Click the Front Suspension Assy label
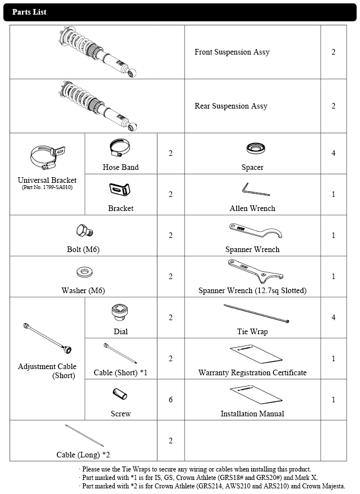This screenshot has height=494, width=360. [232, 52]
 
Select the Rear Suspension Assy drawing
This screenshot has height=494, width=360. [96, 104]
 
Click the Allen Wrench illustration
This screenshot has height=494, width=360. [252, 190]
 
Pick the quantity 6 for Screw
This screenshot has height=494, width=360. [171, 399]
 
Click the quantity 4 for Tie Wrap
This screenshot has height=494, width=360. [334, 317]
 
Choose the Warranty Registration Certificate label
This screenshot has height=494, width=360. [253, 372]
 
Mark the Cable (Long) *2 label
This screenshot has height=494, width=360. [83, 455]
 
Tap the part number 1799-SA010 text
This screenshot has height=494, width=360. [47, 187]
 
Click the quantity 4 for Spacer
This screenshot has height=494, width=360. [334, 153]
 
